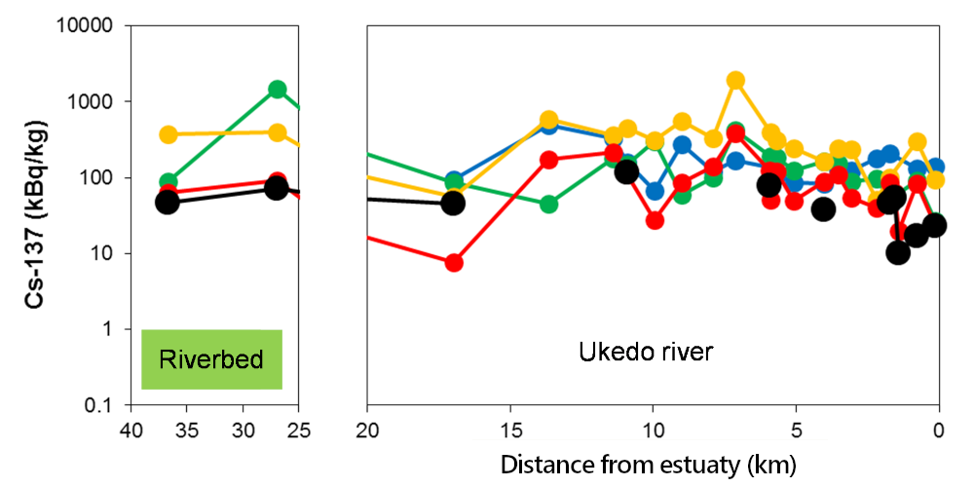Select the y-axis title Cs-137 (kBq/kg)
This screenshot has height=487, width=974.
pyautogui.click(x=37, y=215)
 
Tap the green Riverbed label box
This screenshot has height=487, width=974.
pyautogui.click(x=211, y=359)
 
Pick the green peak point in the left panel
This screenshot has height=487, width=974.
pyautogui.click(x=278, y=89)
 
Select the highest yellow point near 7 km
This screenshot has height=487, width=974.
pyautogui.click(x=736, y=80)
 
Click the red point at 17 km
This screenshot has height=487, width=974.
pyautogui.click(x=454, y=263)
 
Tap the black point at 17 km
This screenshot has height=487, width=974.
pyautogui.click(x=453, y=203)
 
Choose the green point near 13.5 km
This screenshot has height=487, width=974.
pyautogui.click(x=549, y=204)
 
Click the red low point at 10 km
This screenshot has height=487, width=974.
pyautogui.click(x=655, y=220)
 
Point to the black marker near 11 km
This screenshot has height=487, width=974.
pyautogui.click(x=626, y=171)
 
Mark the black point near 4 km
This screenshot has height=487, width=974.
pyautogui.click(x=824, y=208)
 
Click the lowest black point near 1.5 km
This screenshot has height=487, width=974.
pyautogui.click(x=898, y=252)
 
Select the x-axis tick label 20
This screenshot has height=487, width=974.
pyautogui.click(x=367, y=430)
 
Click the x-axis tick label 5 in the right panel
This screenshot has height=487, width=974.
pyautogui.click(x=796, y=430)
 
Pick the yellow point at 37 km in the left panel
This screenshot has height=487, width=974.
pyautogui.click(x=169, y=134)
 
